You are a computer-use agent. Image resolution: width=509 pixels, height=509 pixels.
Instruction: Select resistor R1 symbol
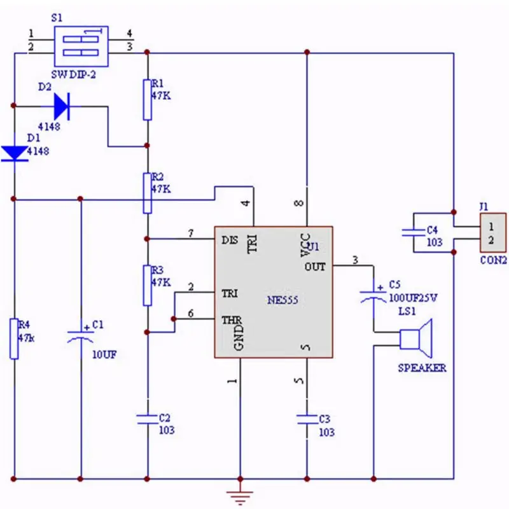[147, 99]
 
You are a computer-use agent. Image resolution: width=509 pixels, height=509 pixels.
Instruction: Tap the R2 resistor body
[147, 192]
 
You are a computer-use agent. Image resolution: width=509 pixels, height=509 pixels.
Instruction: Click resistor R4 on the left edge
[13, 338]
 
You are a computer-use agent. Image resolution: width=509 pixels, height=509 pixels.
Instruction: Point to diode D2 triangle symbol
[62, 106]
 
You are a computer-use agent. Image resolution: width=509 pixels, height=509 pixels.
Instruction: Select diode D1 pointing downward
[13, 153]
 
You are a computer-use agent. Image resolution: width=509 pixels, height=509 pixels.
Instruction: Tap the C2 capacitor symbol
[147, 418]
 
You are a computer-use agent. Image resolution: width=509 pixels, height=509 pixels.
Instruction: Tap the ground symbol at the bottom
[240, 494]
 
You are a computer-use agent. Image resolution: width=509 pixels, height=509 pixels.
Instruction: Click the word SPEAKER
[422, 368]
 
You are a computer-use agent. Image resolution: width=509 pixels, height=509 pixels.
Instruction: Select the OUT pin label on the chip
[314, 267]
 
